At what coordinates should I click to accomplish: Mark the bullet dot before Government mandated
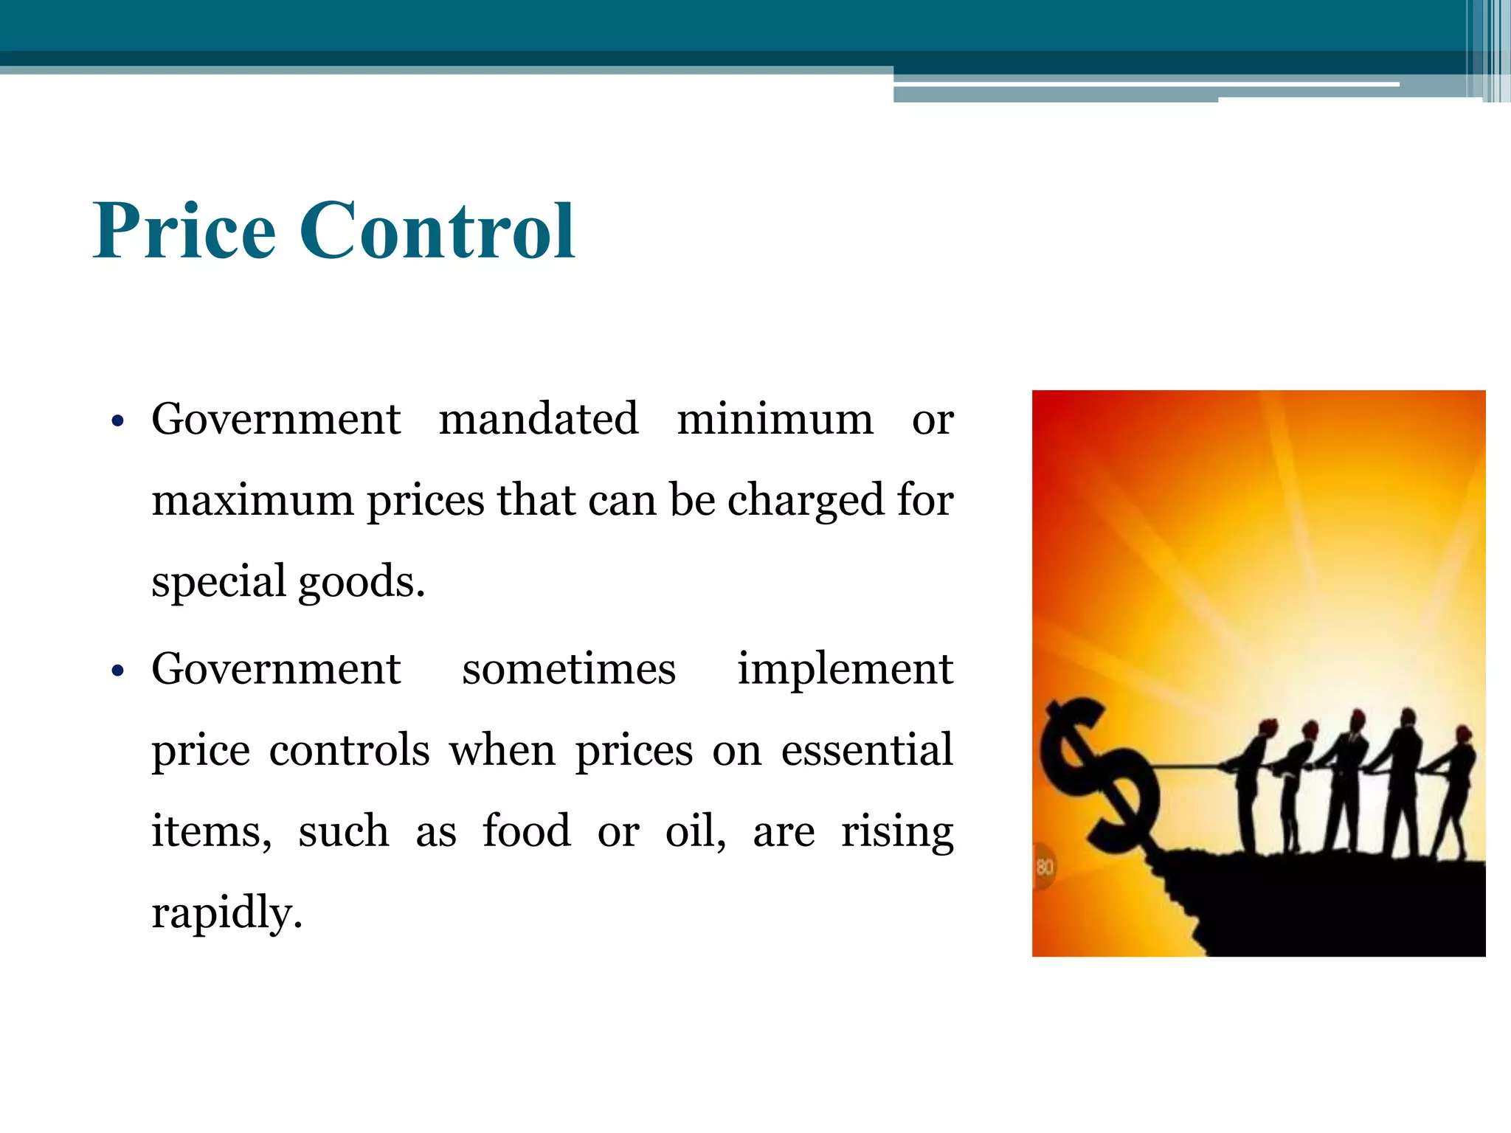click(x=117, y=422)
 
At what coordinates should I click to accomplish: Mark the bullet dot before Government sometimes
click(x=117, y=671)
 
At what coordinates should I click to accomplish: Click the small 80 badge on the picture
click(x=1045, y=866)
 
